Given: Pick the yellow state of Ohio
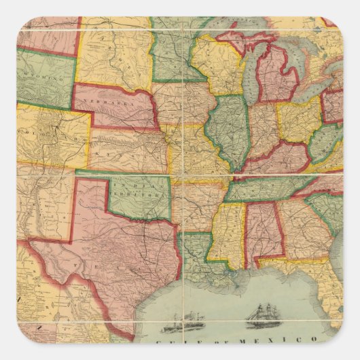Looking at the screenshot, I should coord(299,122).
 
